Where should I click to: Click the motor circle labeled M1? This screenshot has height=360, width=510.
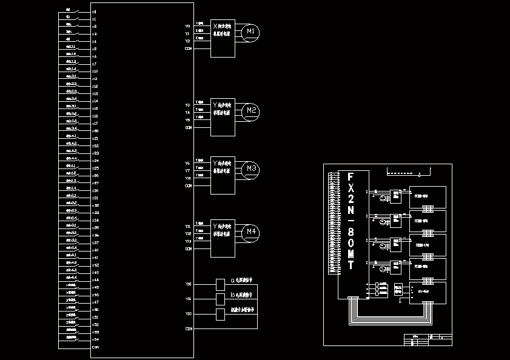point(250,32)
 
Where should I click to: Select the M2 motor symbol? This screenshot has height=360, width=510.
point(250,111)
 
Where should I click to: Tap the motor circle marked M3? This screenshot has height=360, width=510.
point(250,169)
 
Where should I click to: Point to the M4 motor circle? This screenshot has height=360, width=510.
point(250,232)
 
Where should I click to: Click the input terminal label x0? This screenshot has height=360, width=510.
point(94,12)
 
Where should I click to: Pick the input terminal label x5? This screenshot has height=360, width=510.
point(94,49)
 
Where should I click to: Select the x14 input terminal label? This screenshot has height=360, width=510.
point(95,101)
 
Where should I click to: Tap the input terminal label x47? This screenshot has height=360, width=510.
point(95,302)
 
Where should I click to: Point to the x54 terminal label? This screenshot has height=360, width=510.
point(95,339)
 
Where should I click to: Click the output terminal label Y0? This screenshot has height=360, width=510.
point(187,27)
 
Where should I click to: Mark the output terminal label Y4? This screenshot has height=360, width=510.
point(187,113)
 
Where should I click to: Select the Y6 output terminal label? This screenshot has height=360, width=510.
point(187,164)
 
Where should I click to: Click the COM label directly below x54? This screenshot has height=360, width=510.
point(95,347)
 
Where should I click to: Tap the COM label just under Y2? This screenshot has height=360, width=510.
point(188,48)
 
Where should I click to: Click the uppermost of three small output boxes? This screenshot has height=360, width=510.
point(220,284)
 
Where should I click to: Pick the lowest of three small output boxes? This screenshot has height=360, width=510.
point(220,314)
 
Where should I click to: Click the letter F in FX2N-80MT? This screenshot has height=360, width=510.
point(350,178)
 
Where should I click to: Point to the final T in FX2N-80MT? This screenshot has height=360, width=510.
point(350,265)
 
